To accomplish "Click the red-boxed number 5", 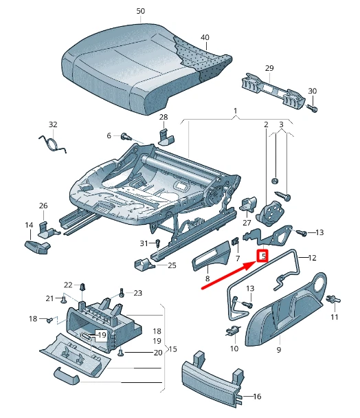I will click(x=262, y=256).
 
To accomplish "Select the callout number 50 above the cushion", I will click(x=141, y=12).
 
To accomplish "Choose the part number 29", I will click(x=269, y=67).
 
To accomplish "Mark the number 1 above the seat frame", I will click(x=235, y=111).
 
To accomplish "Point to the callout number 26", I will click(x=43, y=206).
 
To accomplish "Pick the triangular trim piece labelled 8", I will click(x=210, y=259).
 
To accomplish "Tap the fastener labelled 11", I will click(x=333, y=300).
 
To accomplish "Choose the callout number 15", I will click(x=172, y=349).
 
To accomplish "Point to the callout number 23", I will click(x=137, y=293).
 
